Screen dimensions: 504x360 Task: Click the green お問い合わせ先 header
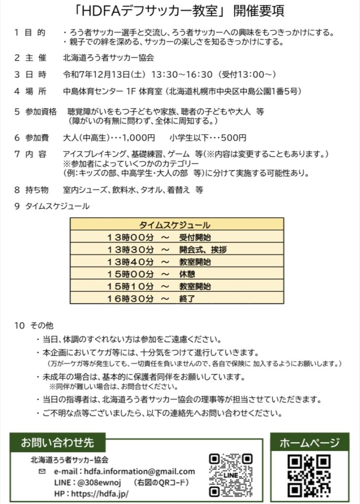pos(57,442)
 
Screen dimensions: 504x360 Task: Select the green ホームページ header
pos(309,442)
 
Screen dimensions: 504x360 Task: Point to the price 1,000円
pos(140,138)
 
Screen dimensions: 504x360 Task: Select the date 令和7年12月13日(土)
pos(103,74)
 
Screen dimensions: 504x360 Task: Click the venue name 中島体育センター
pos(95,92)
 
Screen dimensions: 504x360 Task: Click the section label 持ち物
pos(37,189)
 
